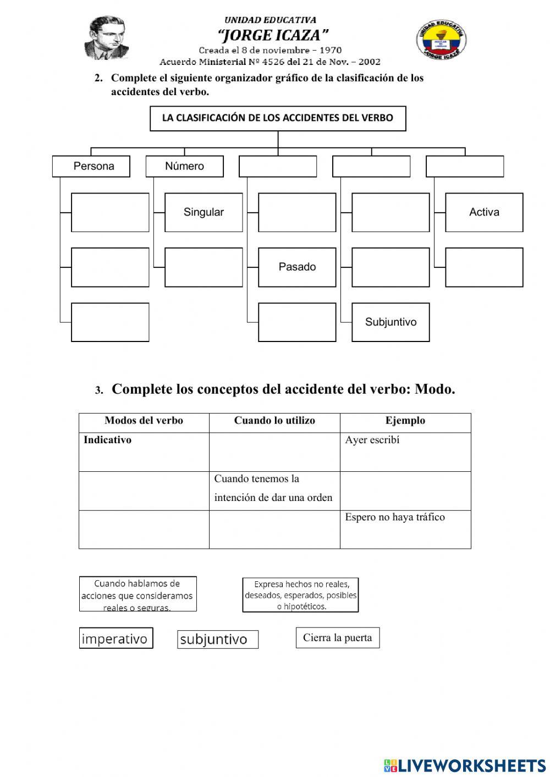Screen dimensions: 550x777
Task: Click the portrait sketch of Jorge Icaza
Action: pyautogui.click(x=107, y=37)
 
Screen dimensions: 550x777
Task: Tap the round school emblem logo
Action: pyautogui.click(x=441, y=40)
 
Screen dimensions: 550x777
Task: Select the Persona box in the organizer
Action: pyautogui.click(x=91, y=166)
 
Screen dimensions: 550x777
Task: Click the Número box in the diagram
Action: pyautogui.click(x=185, y=166)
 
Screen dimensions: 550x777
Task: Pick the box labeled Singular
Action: pyautogui.click(x=204, y=212)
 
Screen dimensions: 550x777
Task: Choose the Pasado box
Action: pyautogui.click(x=297, y=267)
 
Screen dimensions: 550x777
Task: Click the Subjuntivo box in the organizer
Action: pyautogui.click(x=391, y=322)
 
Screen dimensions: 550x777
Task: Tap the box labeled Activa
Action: pyautogui.click(x=484, y=212)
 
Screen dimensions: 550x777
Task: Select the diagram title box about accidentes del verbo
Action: pyautogui.click(x=278, y=118)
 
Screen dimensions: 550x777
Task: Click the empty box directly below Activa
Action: pyautogui.click(x=484, y=267)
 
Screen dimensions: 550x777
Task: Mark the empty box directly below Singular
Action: pyautogui.click(x=204, y=267)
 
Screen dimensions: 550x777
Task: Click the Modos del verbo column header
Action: pyautogui.click(x=144, y=421)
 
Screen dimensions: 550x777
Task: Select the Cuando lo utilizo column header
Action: pyautogui.click(x=274, y=421)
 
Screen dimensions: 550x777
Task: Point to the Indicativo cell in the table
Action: pyautogui.click(x=144, y=451)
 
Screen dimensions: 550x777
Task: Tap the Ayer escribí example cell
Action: pyautogui.click(x=405, y=451)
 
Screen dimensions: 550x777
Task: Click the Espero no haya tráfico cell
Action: pyautogui.click(x=405, y=529)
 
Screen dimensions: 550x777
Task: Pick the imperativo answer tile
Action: pyautogui.click(x=116, y=638)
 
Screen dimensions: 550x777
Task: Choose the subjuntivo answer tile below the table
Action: pyautogui.click(x=218, y=640)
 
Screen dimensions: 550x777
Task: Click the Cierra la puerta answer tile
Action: pyautogui.click(x=338, y=638)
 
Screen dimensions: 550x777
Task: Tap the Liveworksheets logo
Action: pyautogui.click(x=465, y=765)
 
